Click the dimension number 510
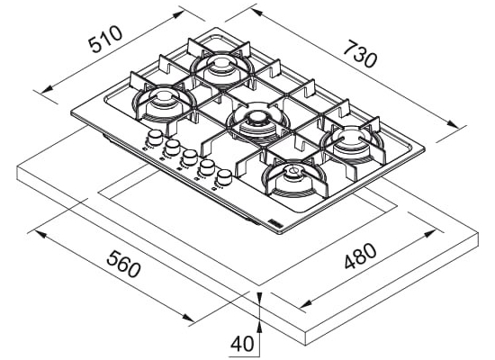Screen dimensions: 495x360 [x=105, y=39]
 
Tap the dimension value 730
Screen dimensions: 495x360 [x=360, y=54]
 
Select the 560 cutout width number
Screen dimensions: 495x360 [x=123, y=264]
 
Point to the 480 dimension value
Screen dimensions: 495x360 [x=360, y=256]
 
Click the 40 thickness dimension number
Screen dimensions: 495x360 [x=242, y=344]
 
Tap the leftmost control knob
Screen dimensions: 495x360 [x=155, y=137]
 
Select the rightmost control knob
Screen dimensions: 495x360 [x=224, y=176]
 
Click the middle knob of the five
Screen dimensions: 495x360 [x=189, y=157]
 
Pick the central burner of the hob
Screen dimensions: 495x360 [x=257, y=123]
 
